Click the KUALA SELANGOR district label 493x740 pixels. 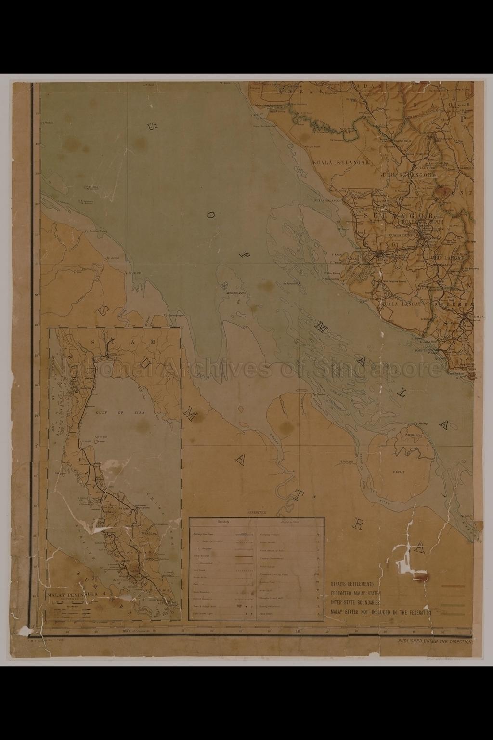click(341, 163)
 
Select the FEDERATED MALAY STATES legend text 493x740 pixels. click(356, 593)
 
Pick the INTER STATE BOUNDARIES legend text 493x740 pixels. click(356, 603)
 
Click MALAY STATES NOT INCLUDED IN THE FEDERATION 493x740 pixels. click(380, 612)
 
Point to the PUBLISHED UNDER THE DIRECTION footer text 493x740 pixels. click(435, 641)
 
